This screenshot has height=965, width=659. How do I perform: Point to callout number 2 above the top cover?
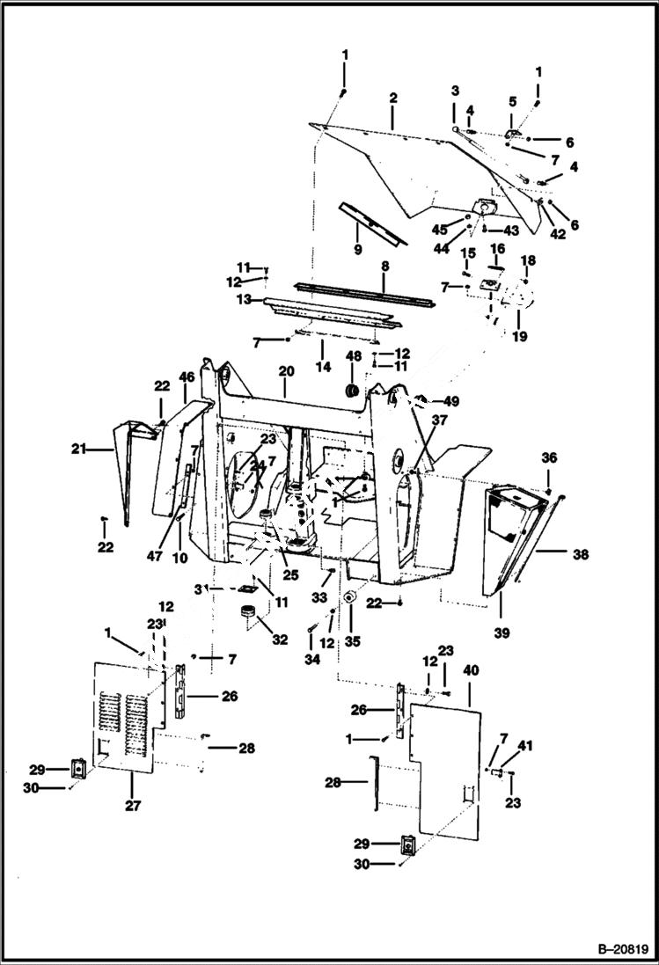coord(392,98)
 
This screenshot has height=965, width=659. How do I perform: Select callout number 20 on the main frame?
coord(285,371)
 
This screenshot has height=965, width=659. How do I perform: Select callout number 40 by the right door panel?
coord(471,670)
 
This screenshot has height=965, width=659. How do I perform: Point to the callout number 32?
coord(279,640)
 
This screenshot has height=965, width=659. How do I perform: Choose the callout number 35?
coord(352,641)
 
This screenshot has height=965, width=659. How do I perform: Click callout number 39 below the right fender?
coord(501,632)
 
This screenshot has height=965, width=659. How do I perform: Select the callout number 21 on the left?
coord(79,449)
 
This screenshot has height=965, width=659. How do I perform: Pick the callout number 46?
coord(186,376)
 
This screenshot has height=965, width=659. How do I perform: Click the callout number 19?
coord(519,336)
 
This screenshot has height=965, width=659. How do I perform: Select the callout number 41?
coord(526,746)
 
